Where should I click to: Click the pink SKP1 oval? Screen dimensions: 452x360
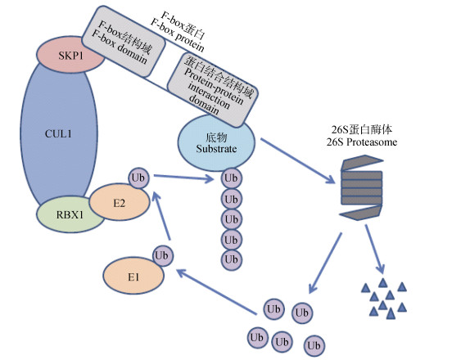tap(70, 55)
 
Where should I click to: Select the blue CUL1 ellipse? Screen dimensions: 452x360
tap(59, 133)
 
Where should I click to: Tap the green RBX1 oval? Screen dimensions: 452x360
tap(70, 215)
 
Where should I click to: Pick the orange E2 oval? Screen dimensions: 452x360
tap(120, 202)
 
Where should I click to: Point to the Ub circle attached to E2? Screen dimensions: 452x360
tap(138, 178)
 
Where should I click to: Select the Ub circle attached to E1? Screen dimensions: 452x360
tap(163, 255)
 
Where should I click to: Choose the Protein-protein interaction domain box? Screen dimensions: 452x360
tap(213, 89)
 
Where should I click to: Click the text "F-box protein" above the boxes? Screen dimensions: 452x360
tap(177, 38)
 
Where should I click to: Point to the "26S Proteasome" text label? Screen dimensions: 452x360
tap(361, 142)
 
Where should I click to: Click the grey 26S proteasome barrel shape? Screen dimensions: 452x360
tap(362, 187)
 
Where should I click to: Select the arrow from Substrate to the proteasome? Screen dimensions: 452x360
tap(298, 160)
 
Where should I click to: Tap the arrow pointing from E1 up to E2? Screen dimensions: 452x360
tap(162, 215)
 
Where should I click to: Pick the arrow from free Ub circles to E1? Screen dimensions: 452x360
tap(216, 292)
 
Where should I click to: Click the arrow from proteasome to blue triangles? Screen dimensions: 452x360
tap(375, 249)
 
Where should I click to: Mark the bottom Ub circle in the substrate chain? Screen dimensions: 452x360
tap(231, 260)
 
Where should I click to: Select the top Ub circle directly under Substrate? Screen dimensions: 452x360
tap(231, 178)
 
